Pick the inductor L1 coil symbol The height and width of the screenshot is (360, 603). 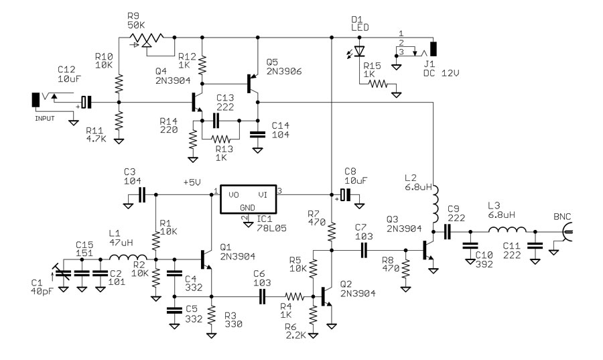(128, 258)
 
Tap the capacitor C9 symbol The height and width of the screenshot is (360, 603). (448, 232)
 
